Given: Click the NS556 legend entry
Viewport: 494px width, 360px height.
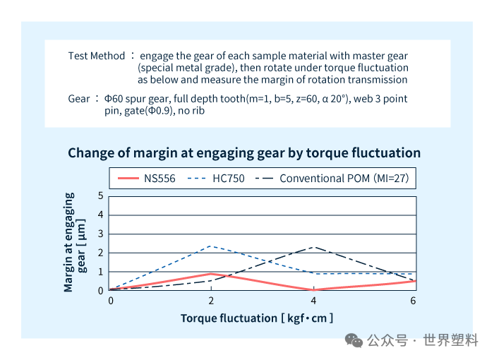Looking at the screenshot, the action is pos(147,179).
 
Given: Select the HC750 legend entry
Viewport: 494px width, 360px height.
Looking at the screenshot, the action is pos(216,179).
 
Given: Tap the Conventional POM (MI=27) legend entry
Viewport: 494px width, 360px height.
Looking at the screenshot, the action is pos(332,179).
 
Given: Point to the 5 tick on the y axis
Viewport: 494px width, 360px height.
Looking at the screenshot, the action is pos(100,196).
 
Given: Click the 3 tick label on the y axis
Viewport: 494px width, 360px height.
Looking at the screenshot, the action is pos(100,234).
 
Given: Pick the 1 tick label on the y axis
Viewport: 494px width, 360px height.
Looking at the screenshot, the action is pos(100,272).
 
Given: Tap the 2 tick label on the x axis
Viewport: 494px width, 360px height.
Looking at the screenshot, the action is pos(211,301).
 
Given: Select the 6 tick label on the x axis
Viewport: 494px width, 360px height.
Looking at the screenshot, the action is pos(413,301).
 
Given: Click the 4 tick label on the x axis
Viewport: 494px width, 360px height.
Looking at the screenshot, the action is pos(313,301).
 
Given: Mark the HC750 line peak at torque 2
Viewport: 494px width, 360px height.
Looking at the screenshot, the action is pos(211,246).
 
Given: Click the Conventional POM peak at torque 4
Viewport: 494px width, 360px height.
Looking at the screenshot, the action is pos(313,247).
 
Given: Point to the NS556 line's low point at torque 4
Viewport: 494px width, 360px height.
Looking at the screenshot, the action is pos(313,289).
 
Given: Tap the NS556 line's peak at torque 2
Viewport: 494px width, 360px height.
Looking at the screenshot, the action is pos(211,274).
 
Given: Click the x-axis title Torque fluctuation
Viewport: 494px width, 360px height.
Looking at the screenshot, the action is pos(229,318).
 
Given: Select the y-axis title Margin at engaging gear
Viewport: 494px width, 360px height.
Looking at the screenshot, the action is pos(75,242).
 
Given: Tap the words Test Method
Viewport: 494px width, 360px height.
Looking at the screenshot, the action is pos(97,56).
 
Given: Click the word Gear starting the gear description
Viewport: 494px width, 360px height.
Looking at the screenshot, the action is pos(79,99).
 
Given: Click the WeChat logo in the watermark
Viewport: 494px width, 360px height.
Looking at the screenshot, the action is pos(354,340).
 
